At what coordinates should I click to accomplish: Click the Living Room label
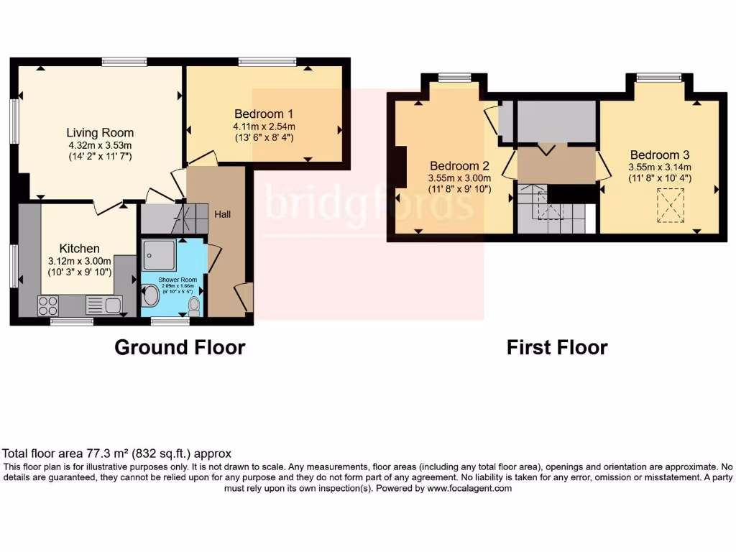100,133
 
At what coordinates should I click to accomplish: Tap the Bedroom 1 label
264,114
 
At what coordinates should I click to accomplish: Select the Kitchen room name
80,249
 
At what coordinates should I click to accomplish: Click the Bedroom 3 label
660,155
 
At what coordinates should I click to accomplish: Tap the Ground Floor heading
180,348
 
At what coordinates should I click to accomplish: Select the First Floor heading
557,348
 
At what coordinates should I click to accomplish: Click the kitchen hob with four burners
48,305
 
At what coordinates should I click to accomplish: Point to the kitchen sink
103,305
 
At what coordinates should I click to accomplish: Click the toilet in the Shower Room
193,306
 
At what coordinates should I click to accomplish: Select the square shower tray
159,252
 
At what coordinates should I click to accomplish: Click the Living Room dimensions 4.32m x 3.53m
100,145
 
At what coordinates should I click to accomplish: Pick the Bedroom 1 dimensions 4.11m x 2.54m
264,126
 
